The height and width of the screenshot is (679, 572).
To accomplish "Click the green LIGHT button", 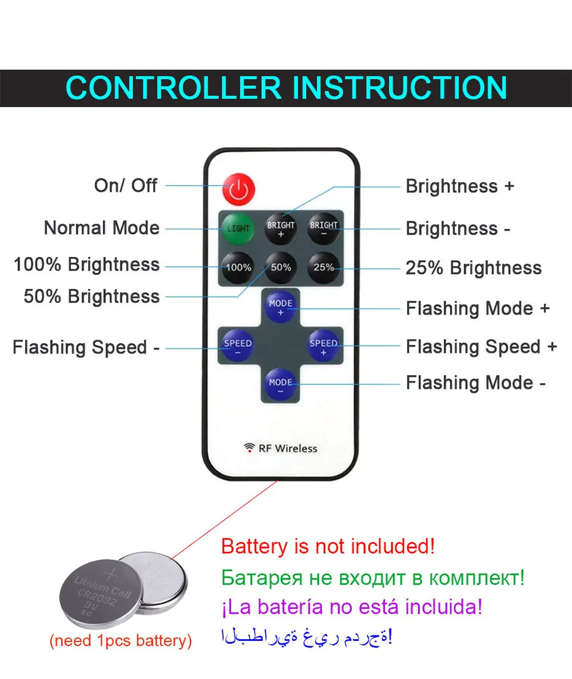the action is coord(238,229).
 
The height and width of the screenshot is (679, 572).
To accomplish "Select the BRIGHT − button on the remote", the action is coord(324,229).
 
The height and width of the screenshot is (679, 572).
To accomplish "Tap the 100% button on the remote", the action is coord(238,268).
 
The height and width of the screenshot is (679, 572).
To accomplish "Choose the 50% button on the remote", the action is coord(281,268).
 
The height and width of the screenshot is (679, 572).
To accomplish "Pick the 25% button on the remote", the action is coord(324,268).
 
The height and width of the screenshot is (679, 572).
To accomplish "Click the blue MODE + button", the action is coord(281,306).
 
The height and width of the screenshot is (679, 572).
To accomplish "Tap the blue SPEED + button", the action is coord(324,346).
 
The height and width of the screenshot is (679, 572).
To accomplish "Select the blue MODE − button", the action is coord(281,385).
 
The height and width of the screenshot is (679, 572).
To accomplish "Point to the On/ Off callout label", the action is coord(126,186).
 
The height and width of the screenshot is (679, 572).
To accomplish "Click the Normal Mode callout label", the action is coord(102,228).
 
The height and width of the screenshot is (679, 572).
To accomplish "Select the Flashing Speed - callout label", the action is coord(86,347).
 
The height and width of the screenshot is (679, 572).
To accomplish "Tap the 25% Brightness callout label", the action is coord(474,268).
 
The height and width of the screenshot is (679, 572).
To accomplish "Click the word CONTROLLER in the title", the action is coord(173,88).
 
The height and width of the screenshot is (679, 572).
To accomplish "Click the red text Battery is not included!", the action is coord(328,546).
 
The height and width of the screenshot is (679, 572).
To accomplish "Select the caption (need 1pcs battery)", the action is coord(120,641).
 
